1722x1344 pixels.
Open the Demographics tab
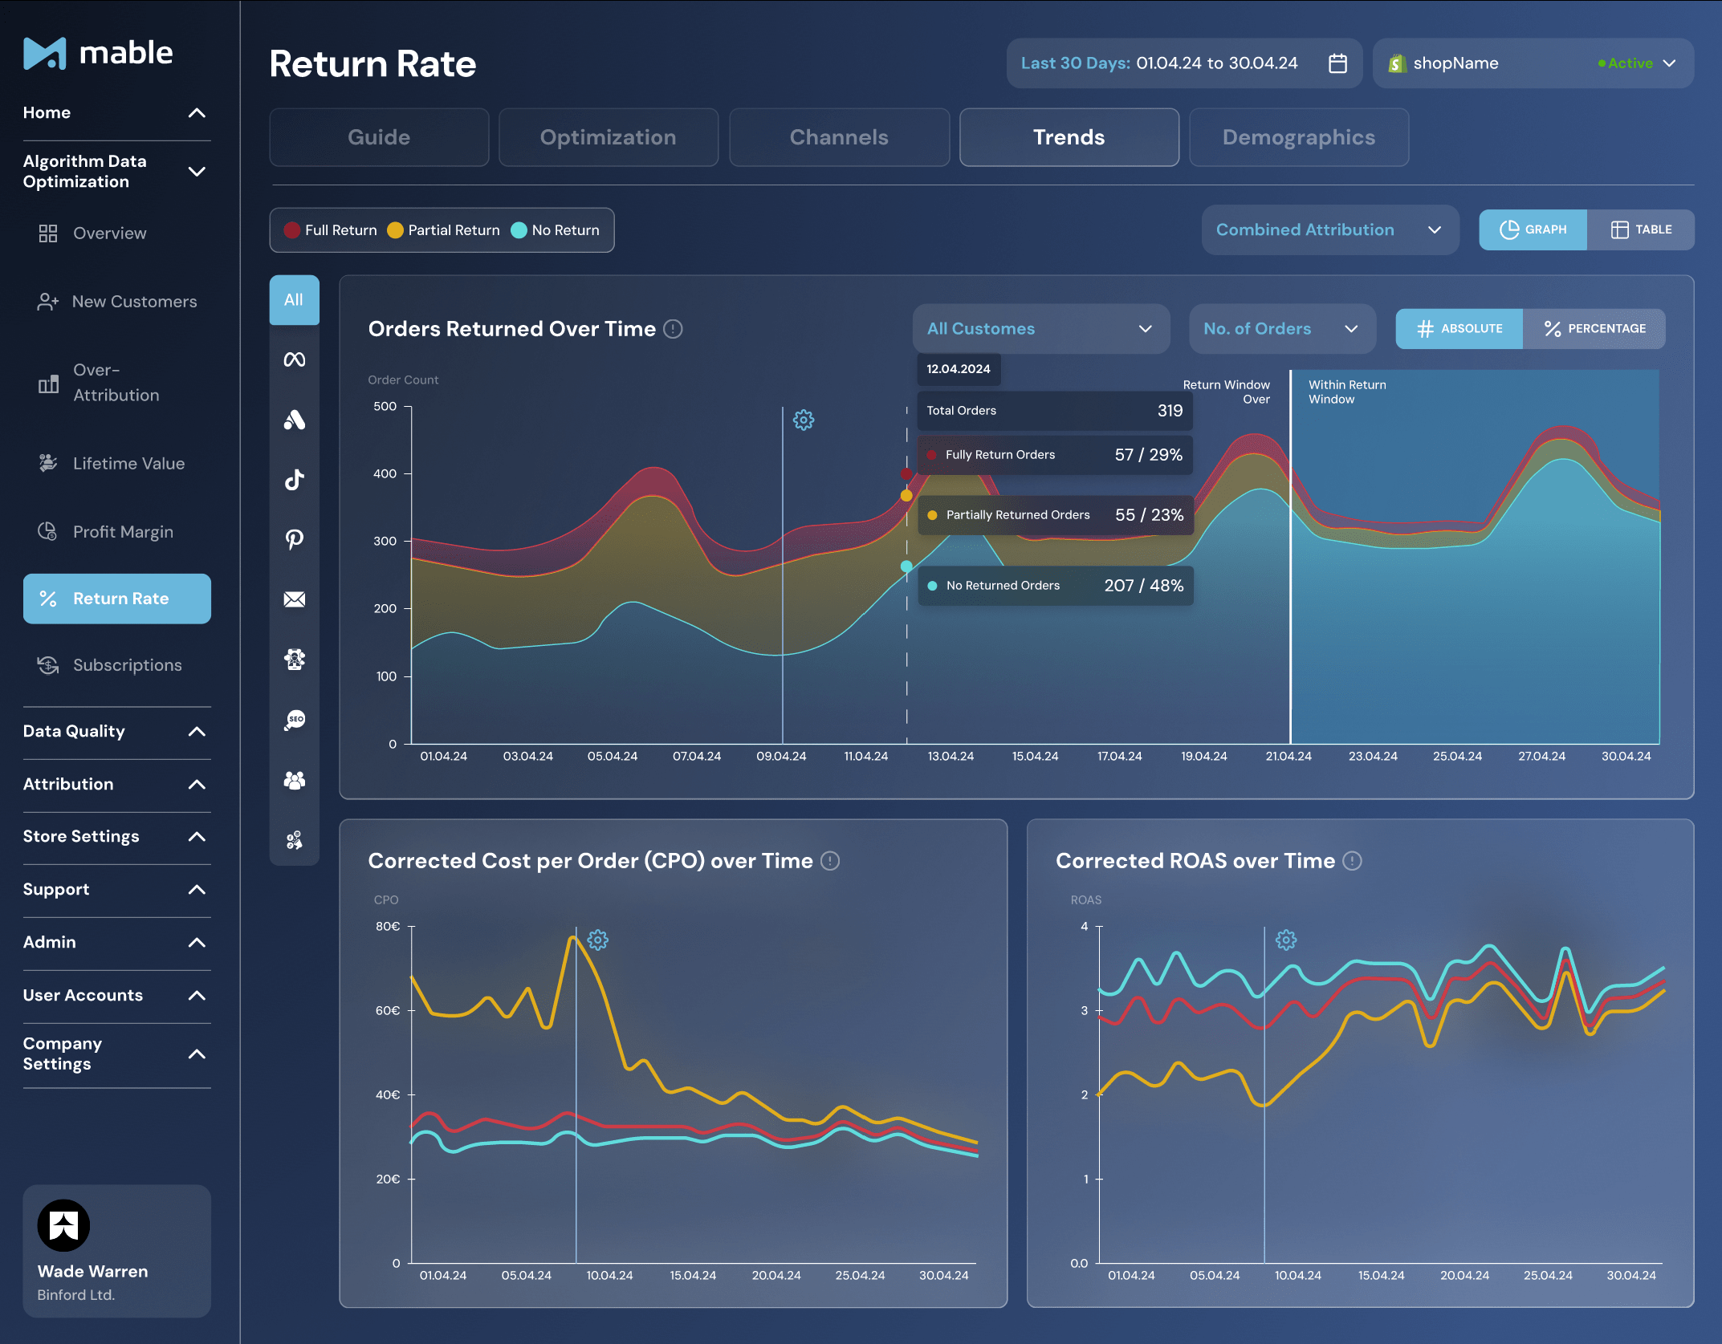coord(1298,137)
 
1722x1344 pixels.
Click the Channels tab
coord(838,137)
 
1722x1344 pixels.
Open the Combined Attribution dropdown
coord(1329,230)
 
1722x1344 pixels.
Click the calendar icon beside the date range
coord(1337,63)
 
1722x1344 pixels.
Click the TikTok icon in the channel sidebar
coord(295,480)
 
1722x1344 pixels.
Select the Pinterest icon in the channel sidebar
coord(295,539)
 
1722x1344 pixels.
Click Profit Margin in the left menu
coord(122,532)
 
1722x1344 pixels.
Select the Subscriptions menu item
coord(127,665)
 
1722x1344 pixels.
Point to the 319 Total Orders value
coord(1170,411)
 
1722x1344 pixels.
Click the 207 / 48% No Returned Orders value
coord(1143,586)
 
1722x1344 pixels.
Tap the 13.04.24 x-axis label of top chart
coord(951,757)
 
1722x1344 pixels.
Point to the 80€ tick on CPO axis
coord(388,927)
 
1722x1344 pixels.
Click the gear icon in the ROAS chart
coord(1286,940)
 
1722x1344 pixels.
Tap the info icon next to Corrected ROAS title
coord(1353,861)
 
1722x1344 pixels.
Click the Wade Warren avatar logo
coord(63,1225)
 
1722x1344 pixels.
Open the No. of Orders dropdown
coord(1281,329)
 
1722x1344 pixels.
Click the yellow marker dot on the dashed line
coord(906,496)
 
